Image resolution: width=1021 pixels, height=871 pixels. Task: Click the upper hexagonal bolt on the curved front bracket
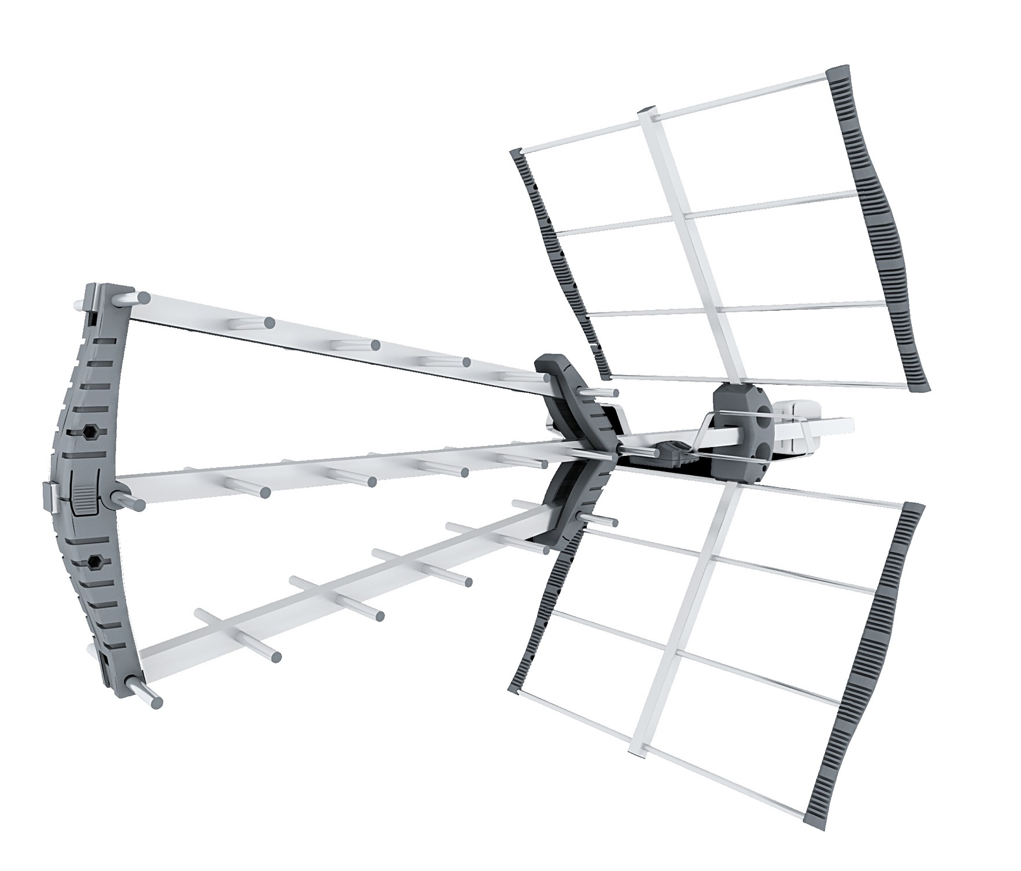coord(90,431)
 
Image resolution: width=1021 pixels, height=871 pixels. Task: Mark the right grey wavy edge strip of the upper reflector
coord(879,231)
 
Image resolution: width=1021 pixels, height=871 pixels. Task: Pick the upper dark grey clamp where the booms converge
coord(572,399)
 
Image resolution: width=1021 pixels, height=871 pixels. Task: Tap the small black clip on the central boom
coord(671,448)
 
